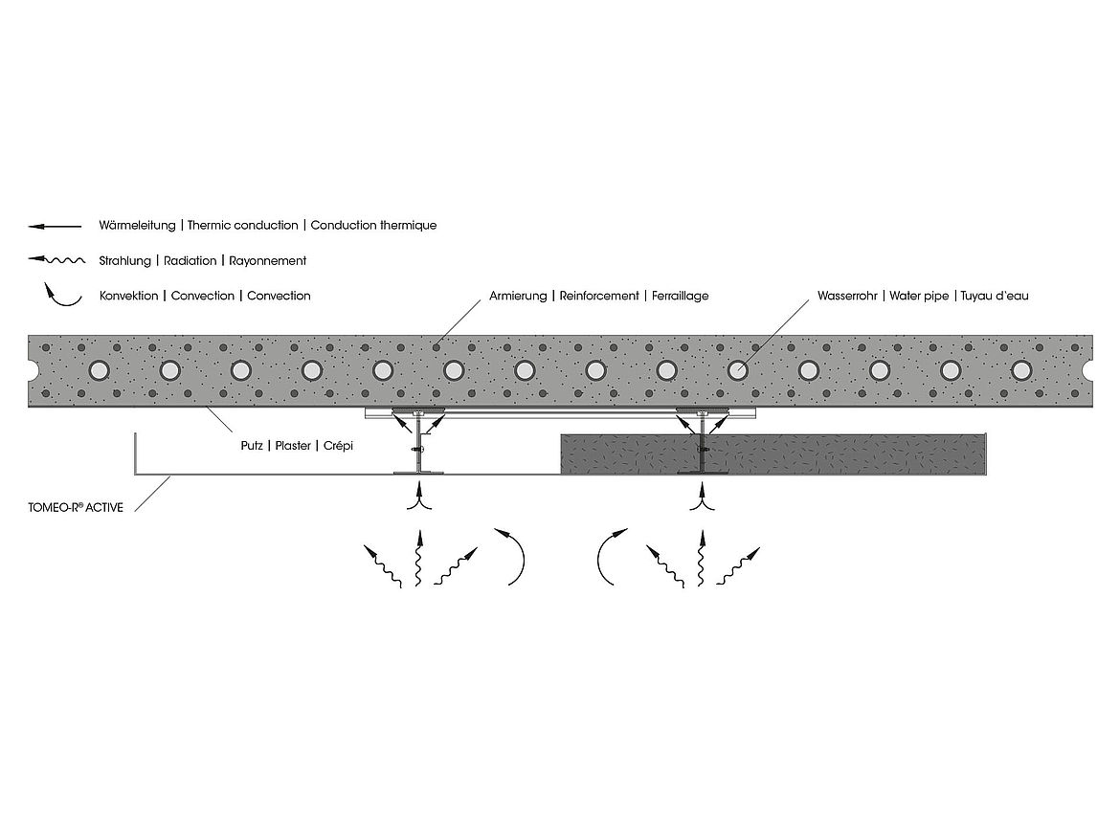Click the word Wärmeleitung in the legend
pyautogui.click(x=137, y=226)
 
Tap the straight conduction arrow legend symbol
pyautogui.click(x=55, y=227)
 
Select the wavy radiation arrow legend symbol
pyautogui.click(x=56, y=260)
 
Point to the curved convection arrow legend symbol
pyautogui.click(x=61, y=296)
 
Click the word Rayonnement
pyautogui.click(x=268, y=261)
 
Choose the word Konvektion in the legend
pyautogui.click(x=129, y=296)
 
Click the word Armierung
pyautogui.click(x=518, y=297)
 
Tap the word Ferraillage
pyautogui.click(x=680, y=297)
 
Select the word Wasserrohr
pyautogui.click(x=847, y=296)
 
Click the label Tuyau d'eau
pyautogui.click(x=995, y=296)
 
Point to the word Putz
pyautogui.click(x=252, y=446)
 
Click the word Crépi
pyautogui.click(x=339, y=446)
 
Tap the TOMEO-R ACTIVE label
pyautogui.click(x=76, y=507)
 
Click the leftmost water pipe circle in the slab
pyautogui.click(x=100, y=370)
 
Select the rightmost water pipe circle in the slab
pyautogui.click(x=1021, y=370)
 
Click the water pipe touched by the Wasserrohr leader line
pyautogui.click(x=737, y=370)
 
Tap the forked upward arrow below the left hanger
pyautogui.click(x=419, y=497)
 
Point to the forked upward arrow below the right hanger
pyautogui.click(x=702, y=497)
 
